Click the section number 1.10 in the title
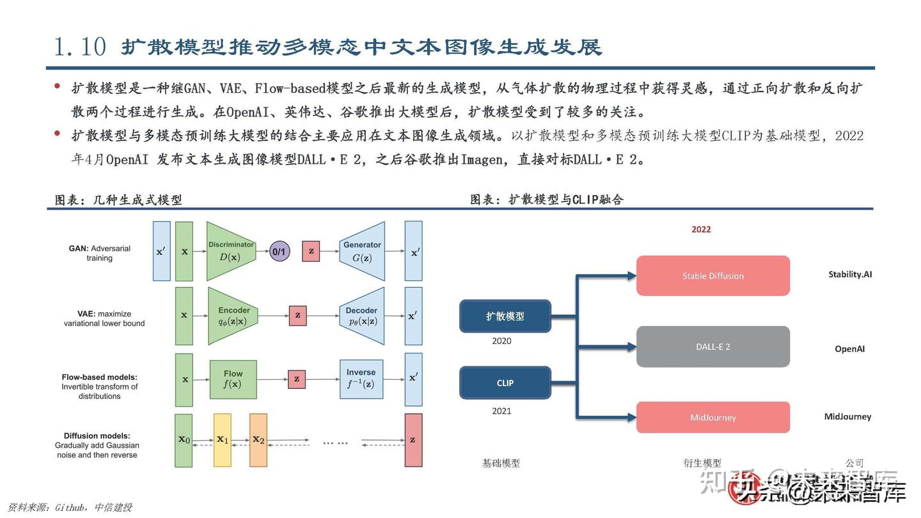pyautogui.click(x=80, y=47)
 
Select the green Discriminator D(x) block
pyautogui.click(x=230, y=251)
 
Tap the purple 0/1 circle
pyautogui.click(x=279, y=251)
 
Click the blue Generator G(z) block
pyautogui.click(x=363, y=251)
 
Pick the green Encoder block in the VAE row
pyautogui.click(x=233, y=316)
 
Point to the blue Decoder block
pyautogui.click(x=361, y=316)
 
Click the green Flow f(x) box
pyautogui.click(x=233, y=379)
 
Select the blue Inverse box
pyautogui.click(x=361, y=379)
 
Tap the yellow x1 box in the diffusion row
pyautogui.click(x=222, y=440)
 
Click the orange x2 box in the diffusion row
pyautogui.click(x=258, y=440)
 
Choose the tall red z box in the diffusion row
pyautogui.click(x=413, y=440)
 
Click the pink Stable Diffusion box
pyautogui.click(x=712, y=276)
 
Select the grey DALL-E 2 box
pyautogui.click(x=712, y=347)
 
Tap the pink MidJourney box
pyautogui.click(x=712, y=418)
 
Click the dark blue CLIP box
pyautogui.click(x=505, y=383)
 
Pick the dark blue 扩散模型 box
pyautogui.click(x=505, y=316)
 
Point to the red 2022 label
pyautogui.click(x=701, y=229)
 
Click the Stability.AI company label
pyautogui.click(x=850, y=274)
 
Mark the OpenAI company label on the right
pyautogui.click(x=849, y=349)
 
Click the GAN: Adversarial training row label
pyautogui.click(x=100, y=253)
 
